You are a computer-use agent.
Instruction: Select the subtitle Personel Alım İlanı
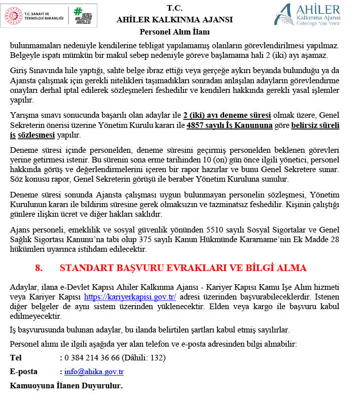tap(174, 32)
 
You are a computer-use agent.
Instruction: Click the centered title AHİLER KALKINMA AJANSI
tap(174, 20)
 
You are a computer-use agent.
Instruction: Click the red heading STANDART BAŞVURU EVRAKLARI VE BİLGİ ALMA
tap(183, 268)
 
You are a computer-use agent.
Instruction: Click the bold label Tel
tap(16, 357)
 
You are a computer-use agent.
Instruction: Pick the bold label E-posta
tap(24, 372)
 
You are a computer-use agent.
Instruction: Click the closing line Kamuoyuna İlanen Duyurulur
tap(66, 386)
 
